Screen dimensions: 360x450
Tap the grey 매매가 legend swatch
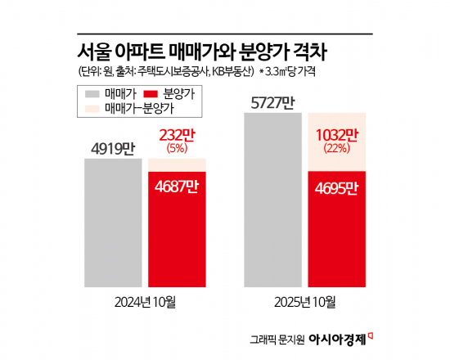click(92, 93)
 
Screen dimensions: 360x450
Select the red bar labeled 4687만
click(177, 229)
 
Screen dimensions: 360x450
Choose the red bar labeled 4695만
click(337, 229)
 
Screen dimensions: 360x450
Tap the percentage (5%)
click(177, 148)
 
